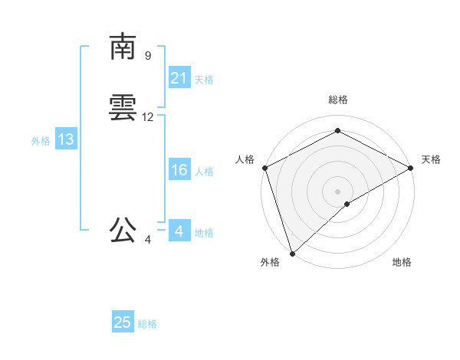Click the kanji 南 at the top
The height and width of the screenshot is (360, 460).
(x=123, y=47)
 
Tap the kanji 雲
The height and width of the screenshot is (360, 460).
(x=123, y=110)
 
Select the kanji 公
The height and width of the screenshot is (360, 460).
(x=123, y=229)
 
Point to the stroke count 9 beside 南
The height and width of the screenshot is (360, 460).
(x=148, y=56)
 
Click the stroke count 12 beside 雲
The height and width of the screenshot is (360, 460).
(x=148, y=117)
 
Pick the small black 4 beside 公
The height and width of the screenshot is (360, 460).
(x=148, y=240)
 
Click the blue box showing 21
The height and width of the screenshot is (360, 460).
(x=179, y=78)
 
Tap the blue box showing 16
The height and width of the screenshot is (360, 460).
(x=179, y=170)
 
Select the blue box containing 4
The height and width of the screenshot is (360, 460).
(x=179, y=231)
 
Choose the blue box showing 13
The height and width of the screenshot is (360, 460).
(x=66, y=140)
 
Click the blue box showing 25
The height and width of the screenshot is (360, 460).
(x=123, y=323)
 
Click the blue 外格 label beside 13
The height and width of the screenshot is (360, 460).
(x=41, y=141)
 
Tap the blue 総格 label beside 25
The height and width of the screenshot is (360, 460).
(x=147, y=324)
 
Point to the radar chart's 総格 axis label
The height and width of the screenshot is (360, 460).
(x=337, y=100)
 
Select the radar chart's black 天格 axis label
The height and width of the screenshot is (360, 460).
(x=431, y=159)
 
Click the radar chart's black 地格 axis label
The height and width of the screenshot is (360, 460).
(x=402, y=263)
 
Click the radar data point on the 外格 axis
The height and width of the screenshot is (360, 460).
(x=292, y=253)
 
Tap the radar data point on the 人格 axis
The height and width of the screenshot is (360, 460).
(x=264, y=167)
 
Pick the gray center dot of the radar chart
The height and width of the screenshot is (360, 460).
(x=337, y=191)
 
